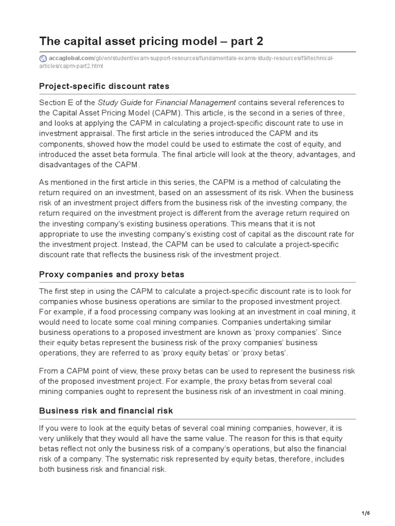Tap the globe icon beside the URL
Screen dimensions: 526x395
click(43, 59)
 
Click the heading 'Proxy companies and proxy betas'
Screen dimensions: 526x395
click(112, 274)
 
